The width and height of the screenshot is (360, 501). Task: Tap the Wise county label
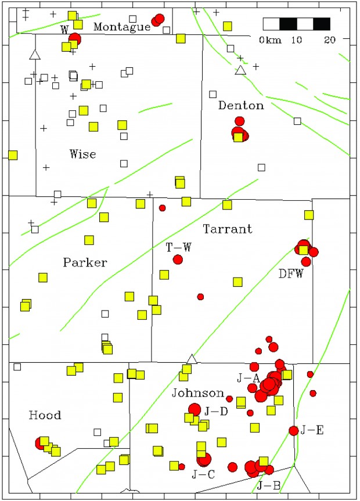pyautogui.click(x=82, y=154)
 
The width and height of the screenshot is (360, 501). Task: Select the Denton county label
pyautogui.click(x=241, y=105)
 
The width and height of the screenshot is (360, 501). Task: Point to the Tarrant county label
pyautogui.click(x=228, y=229)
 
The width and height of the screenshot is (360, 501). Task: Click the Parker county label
pyautogui.click(x=85, y=262)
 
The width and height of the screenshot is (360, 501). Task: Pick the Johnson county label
pyautogui.click(x=198, y=392)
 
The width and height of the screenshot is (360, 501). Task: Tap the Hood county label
pyautogui.click(x=45, y=415)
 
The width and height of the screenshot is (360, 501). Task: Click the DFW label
pyautogui.click(x=291, y=273)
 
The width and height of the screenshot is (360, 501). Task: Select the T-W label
pyautogui.click(x=178, y=247)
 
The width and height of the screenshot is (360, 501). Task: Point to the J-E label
pyautogui.click(x=312, y=430)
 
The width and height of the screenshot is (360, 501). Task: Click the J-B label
pyautogui.click(x=268, y=485)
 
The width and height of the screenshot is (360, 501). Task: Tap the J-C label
pyautogui.click(x=203, y=474)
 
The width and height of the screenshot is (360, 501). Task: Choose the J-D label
pyautogui.click(x=215, y=411)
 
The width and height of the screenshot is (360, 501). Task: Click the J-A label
pyautogui.click(x=248, y=378)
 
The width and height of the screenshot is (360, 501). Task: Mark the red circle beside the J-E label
pyautogui.click(x=294, y=430)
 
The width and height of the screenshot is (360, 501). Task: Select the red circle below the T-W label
pyautogui.click(x=178, y=259)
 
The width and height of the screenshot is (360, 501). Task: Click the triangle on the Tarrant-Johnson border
pyautogui.click(x=192, y=359)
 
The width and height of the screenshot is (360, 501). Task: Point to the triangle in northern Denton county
pyautogui.click(x=240, y=70)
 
